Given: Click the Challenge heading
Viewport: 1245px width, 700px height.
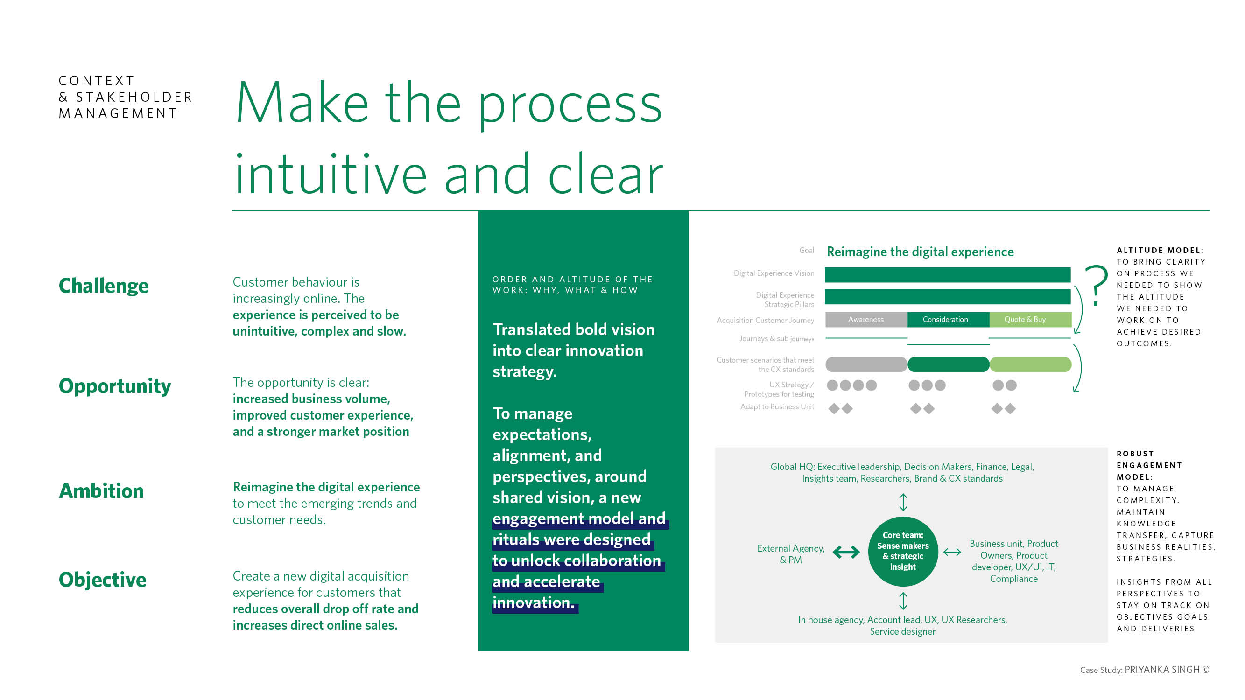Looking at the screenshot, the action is (x=104, y=286).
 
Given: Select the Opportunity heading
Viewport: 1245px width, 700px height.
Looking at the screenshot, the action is (x=115, y=386).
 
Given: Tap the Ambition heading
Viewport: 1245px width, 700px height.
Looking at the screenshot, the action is (x=101, y=491).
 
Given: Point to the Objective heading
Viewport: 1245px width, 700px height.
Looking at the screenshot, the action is (x=102, y=580).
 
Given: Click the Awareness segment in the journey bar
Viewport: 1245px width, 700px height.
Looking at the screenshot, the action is (x=866, y=319).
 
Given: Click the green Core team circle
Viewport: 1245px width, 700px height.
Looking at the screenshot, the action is (x=903, y=551).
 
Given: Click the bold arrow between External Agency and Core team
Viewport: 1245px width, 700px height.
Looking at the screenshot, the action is (x=846, y=552).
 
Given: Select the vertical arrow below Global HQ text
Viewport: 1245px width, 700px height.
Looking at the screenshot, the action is (x=903, y=502).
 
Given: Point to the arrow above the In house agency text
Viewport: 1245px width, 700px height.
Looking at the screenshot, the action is (x=903, y=601).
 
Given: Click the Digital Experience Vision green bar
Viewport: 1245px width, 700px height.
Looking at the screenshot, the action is (x=948, y=274).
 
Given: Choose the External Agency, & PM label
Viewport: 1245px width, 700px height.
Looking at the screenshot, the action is (x=791, y=554).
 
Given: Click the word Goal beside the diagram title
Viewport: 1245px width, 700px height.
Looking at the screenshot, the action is (x=807, y=250).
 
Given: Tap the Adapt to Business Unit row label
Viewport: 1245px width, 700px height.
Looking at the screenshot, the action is (x=777, y=407).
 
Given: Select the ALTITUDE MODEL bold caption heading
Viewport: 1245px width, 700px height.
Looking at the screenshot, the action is (x=1160, y=250).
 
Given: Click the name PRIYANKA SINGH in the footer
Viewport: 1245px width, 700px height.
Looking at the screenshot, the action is (x=1162, y=670).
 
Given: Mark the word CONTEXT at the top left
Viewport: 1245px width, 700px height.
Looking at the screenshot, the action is (x=97, y=81).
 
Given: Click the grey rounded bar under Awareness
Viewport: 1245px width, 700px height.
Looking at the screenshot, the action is (x=866, y=364).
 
